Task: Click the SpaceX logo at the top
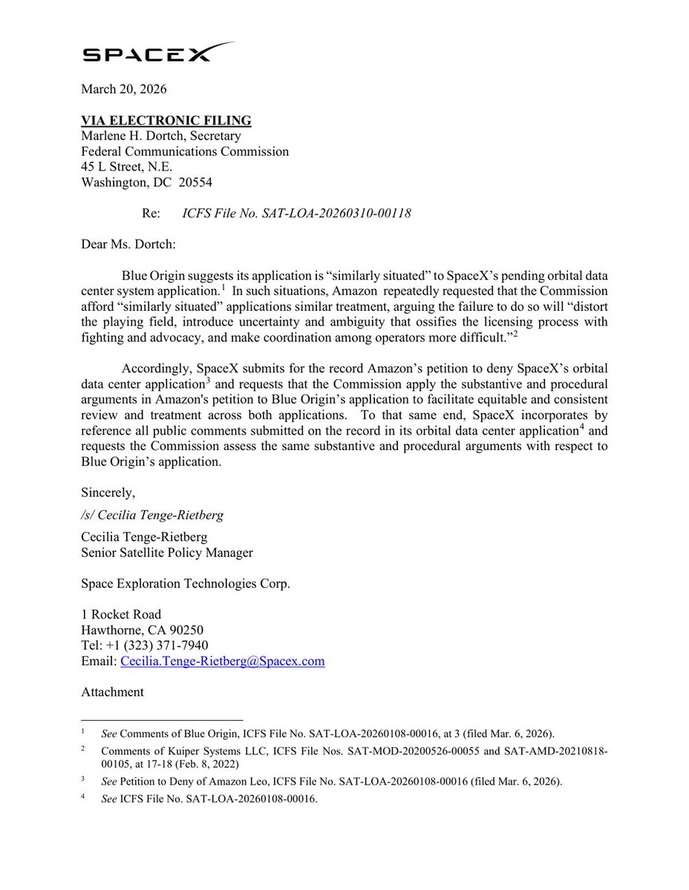coord(159,53)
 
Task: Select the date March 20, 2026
coord(124,90)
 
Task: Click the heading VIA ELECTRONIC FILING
coord(166,120)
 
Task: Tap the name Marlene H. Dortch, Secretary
coord(160,136)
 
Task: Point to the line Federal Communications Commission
coord(185,151)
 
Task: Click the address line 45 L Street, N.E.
coord(127,167)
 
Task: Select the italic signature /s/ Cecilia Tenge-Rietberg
coord(151,515)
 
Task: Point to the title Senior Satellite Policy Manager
coord(167,553)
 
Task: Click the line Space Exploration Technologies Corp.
coord(186,584)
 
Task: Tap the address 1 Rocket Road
coord(121,615)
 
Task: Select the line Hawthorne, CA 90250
coord(137,630)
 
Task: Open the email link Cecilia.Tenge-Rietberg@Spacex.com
coord(222,662)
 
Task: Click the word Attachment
coord(112,692)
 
